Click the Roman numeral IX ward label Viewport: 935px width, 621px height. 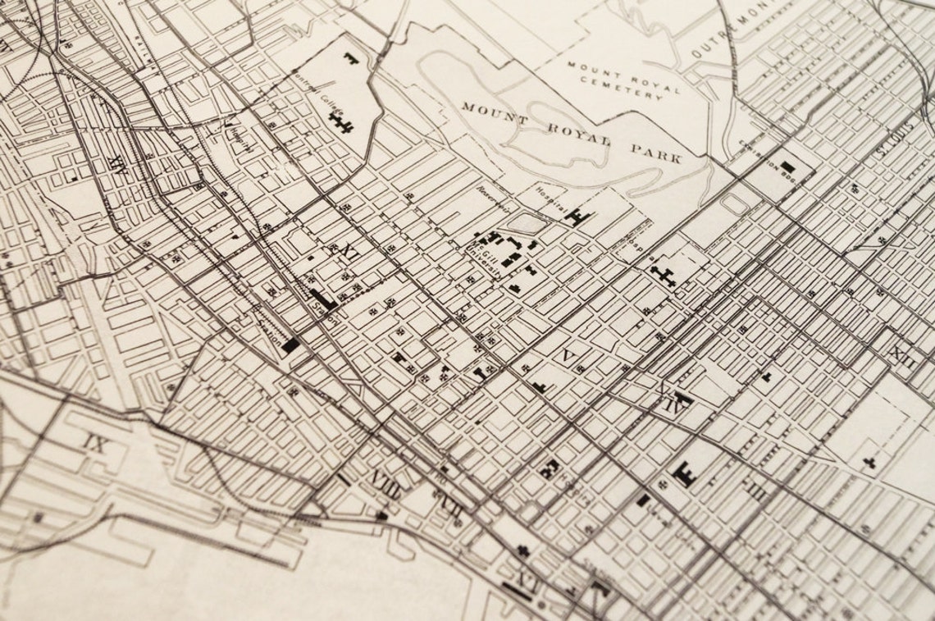[x=96, y=445]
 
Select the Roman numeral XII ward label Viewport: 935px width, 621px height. [x=903, y=355]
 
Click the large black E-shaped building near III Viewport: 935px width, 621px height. [x=683, y=473]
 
